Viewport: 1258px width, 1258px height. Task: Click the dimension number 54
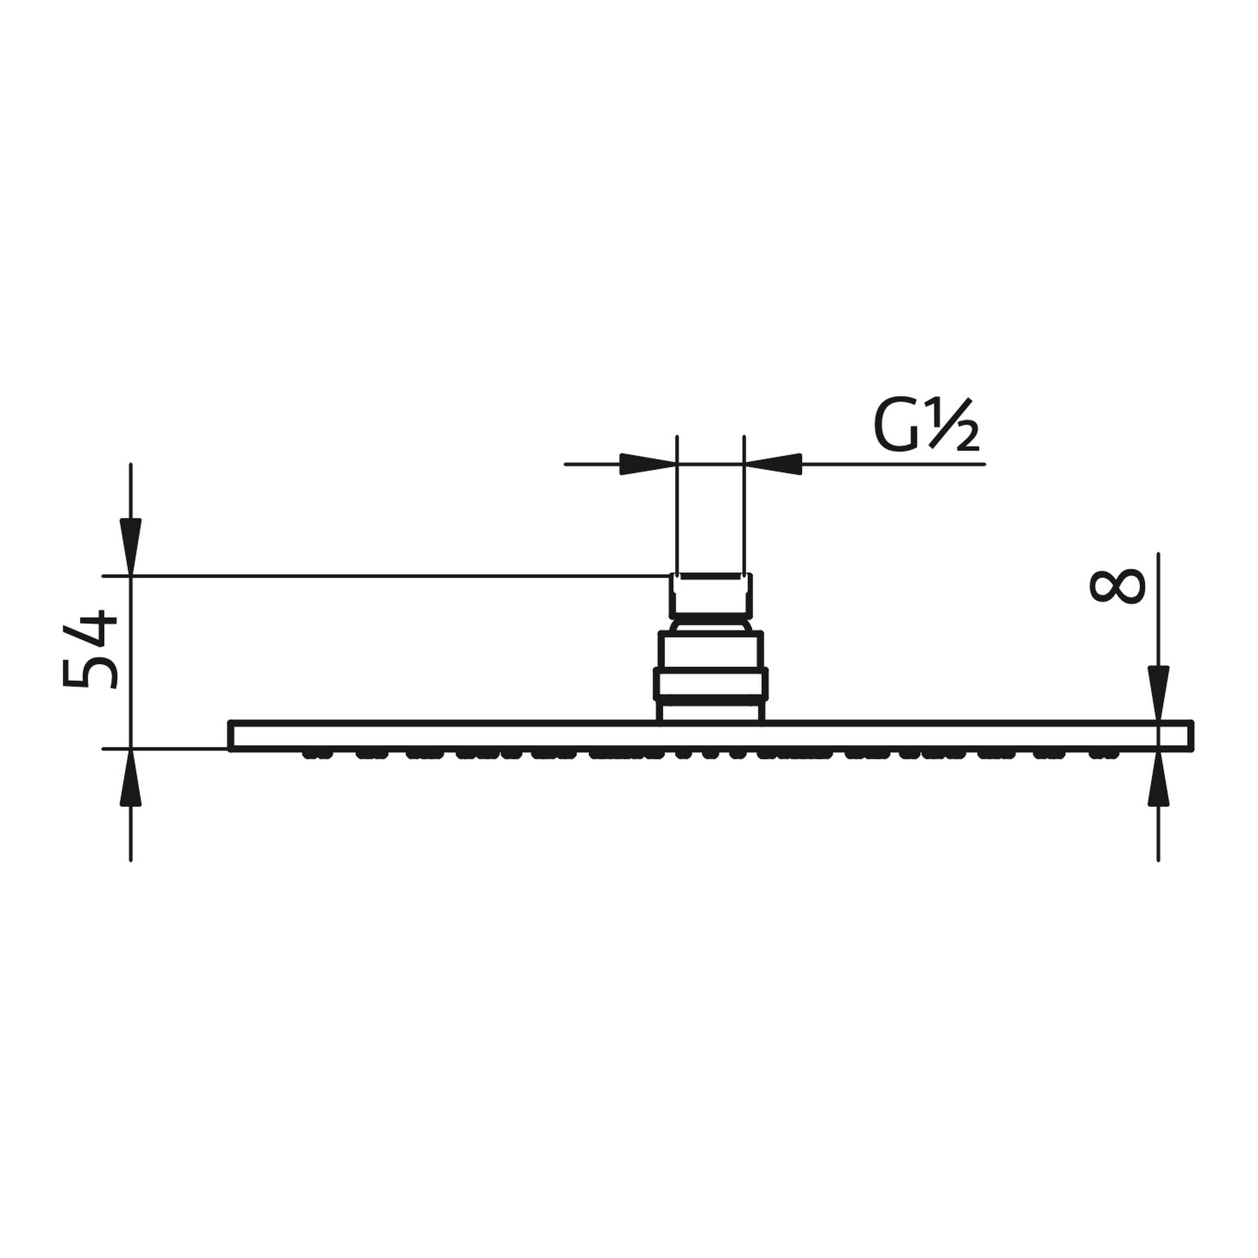click(90, 649)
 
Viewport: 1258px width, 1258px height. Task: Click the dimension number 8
click(1116, 587)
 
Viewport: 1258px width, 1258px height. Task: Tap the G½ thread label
click(925, 426)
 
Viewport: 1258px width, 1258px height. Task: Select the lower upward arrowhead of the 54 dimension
click(131, 777)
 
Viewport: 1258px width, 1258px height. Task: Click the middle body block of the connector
click(711, 649)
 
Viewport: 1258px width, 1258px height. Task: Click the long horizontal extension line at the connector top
click(391, 575)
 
